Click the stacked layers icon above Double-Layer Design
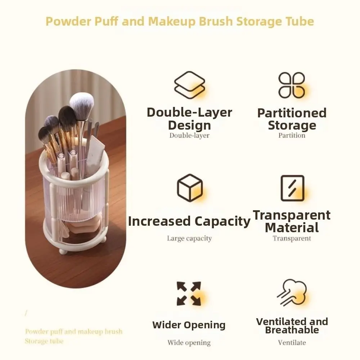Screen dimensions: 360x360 point(190,85)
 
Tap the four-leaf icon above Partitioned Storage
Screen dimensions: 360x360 point(292,85)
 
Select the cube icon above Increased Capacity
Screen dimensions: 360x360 point(190,188)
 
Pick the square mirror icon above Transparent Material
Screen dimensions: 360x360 point(292,188)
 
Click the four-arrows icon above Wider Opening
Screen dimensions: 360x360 point(189,293)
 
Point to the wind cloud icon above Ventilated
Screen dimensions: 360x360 point(292,293)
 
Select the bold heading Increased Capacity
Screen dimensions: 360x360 point(189,221)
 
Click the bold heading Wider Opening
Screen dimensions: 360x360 point(189,325)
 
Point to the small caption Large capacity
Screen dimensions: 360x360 point(189,238)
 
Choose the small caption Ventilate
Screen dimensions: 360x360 point(292,342)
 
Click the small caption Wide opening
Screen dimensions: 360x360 point(189,343)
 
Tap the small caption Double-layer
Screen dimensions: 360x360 point(189,135)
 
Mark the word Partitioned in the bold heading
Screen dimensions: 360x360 point(292,113)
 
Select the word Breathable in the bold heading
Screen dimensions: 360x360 point(292,330)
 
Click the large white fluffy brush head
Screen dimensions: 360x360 point(82,105)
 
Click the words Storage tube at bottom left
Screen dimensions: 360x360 point(44,341)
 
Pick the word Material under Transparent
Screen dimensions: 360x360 point(292,228)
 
